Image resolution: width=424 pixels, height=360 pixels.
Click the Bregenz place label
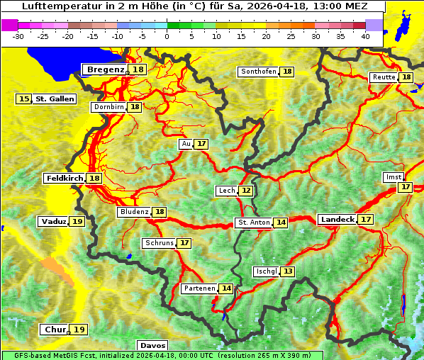pos(105,69)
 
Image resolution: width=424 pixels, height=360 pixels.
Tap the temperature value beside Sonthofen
pos(287,72)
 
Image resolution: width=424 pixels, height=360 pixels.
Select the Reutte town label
pos(383,77)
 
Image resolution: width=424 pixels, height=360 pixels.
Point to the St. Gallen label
pos(54,99)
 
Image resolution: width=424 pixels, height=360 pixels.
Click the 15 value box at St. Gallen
pos(24,99)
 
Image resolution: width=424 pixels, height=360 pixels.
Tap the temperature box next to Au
pos(202,144)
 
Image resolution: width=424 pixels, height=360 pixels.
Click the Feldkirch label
pos(64,178)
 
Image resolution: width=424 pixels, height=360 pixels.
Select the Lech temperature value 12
pos(246,191)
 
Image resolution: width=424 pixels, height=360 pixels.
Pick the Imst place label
pos(392,176)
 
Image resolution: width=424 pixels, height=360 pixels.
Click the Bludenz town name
pos(134,212)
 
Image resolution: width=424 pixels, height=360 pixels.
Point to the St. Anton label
pos(253,223)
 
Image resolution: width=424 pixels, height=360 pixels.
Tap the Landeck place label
pos(337,220)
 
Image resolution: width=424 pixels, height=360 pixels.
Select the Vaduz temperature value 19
pos(77,222)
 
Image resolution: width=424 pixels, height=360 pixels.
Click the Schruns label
pos(159,243)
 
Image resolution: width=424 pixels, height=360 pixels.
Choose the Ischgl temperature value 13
pos(287,271)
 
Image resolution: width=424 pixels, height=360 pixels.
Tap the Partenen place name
pos(199,288)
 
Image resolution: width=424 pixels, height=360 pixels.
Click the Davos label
pos(152,346)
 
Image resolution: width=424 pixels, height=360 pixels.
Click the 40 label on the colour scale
pos(365,36)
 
